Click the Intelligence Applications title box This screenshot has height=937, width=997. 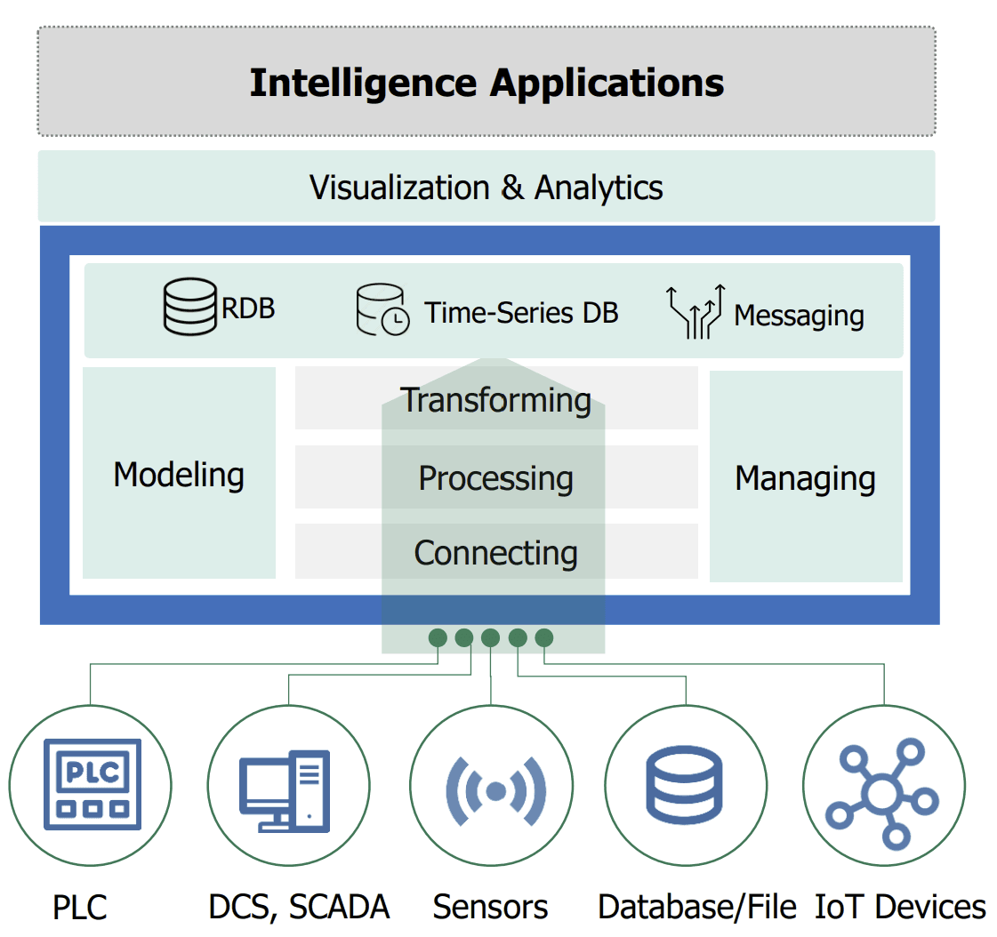point(486,83)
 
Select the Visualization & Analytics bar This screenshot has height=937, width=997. point(486,188)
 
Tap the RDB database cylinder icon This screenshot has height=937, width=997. point(190,307)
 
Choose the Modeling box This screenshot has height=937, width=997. point(179,474)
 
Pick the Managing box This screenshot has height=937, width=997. point(806,477)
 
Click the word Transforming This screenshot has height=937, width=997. point(496,400)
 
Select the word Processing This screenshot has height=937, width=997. point(496,478)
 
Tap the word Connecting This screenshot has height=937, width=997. point(496,553)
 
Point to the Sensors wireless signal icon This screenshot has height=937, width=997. point(496,789)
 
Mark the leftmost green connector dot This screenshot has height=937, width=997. point(438,637)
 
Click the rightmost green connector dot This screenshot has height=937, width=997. point(544,637)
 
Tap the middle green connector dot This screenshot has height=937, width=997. point(491,637)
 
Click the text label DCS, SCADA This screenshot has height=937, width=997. point(299,908)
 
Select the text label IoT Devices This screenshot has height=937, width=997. point(900,908)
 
